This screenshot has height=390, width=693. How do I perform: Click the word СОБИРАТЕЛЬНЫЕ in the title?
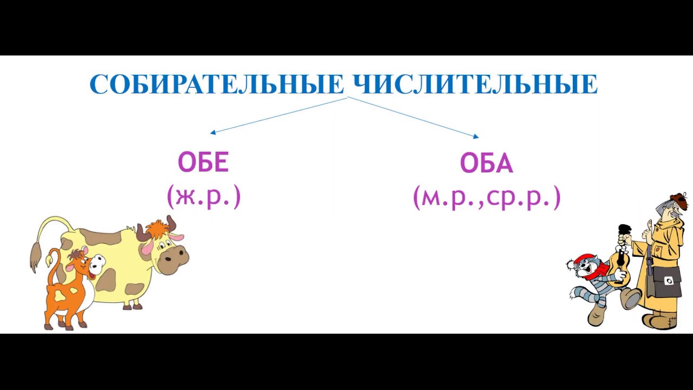pos(217,84)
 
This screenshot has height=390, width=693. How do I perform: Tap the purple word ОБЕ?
pos(204,162)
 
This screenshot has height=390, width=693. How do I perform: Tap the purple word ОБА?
pos(486,163)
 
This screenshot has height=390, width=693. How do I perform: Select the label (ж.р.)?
pos(204,197)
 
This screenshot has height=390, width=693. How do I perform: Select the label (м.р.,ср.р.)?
pos(486,198)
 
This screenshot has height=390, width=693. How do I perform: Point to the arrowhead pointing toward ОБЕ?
pos(212,132)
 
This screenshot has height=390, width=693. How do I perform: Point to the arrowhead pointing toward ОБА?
pos(476,137)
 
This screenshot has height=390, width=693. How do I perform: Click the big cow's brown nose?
pos(175,258)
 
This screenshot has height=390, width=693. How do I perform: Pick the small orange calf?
pos(68,287)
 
